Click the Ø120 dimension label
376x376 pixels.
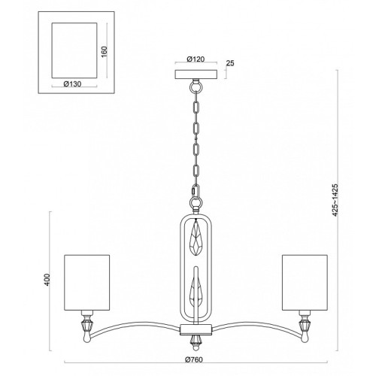pos(196,59)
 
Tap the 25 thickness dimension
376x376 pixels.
pos(230,63)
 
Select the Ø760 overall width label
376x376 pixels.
pos(194,359)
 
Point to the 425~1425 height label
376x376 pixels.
pos(335,200)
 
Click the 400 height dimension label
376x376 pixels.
pos(47,280)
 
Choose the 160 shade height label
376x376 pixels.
pos(104,52)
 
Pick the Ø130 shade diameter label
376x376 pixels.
pos(72,84)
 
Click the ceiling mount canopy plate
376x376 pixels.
pos(196,74)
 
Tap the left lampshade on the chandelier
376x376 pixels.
pos(87,283)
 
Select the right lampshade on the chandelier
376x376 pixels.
pos(305,283)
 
